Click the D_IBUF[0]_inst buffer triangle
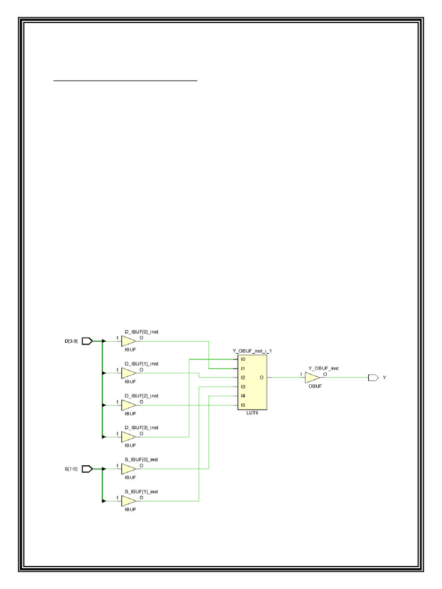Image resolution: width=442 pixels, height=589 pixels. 128,341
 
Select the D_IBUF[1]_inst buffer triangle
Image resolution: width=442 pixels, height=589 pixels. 128,373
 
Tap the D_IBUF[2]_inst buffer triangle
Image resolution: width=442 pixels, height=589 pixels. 128,406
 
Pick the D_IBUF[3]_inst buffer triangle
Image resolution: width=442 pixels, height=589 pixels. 128,437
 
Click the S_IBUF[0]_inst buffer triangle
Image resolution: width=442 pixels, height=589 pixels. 128,469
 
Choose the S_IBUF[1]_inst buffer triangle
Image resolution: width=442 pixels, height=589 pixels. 128,501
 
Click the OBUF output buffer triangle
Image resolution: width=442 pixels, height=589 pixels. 312,378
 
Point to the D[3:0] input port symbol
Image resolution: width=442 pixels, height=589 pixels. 87,341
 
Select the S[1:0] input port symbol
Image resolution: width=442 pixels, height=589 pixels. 87,469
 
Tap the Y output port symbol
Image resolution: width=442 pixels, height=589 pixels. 373,378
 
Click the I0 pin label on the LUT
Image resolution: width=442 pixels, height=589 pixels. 243,359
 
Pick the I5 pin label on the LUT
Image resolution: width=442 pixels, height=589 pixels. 243,405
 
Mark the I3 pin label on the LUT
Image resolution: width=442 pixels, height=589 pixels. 243,387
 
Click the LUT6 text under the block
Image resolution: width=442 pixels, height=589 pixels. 253,414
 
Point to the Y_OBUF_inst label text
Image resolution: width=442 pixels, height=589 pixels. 323,368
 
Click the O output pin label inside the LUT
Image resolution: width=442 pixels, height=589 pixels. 262,378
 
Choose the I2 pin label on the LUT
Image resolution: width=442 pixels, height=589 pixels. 243,378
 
